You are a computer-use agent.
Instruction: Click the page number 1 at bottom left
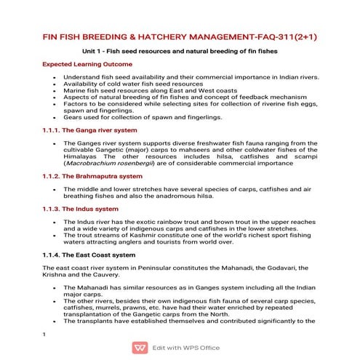point(45,334)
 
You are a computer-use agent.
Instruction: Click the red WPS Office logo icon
point(139,348)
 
